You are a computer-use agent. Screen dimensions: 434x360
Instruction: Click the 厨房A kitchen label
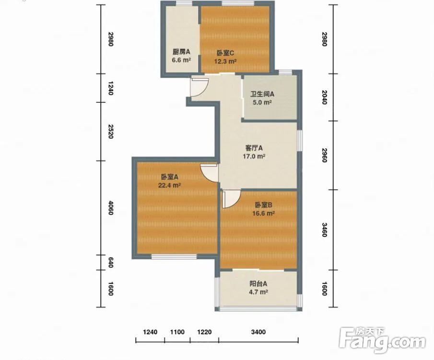click(x=181, y=51)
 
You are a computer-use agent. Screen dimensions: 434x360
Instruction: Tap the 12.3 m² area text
click(x=225, y=61)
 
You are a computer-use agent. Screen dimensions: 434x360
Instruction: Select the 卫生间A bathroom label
click(x=262, y=94)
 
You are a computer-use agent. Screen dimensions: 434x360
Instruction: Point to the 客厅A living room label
click(x=254, y=148)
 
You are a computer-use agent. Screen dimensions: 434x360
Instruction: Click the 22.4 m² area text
click(x=169, y=185)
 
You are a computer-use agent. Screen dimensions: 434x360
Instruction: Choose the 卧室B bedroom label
click(x=263, y=205)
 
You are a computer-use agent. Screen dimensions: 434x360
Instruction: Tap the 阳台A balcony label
click(x=258, y=284)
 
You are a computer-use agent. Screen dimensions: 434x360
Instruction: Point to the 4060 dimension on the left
click(x=110, y=208)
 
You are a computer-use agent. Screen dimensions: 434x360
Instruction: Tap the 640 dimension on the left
click(x=110, y=263)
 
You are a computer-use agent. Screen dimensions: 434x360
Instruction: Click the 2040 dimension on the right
click(x=324, y=97)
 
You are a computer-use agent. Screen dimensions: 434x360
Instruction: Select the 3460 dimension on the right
click(x=324, y=230)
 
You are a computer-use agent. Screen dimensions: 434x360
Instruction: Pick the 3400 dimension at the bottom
click(x=258, y=332)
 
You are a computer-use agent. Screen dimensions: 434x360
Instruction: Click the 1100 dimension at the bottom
click(x=177, y=332)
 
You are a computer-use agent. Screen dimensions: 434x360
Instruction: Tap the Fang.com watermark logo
click(x=382, y=340)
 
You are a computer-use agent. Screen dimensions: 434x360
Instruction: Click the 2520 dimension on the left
click(x=110, y=132)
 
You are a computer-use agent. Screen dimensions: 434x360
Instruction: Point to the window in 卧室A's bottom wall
click(x=174, y=257)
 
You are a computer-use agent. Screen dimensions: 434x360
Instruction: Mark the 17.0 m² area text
click(x=254, y=156)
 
